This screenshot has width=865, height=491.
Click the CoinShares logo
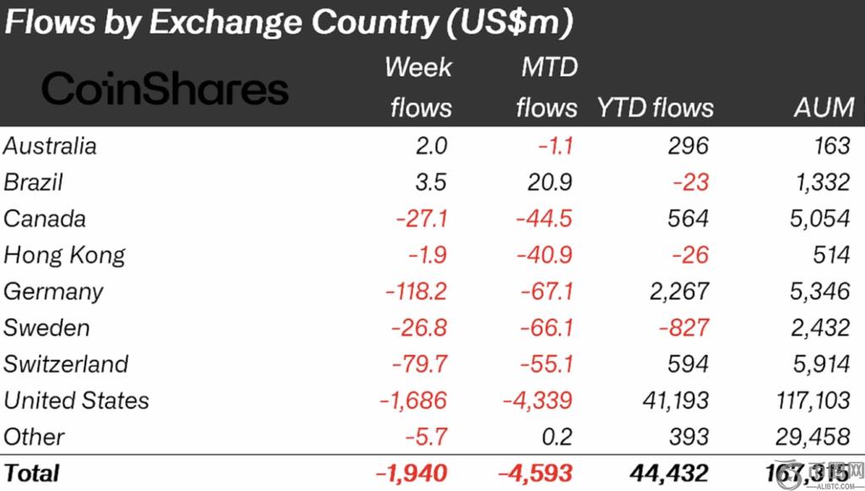(165, 89)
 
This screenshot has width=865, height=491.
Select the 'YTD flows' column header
(655, 108)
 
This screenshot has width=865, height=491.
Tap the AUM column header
(823, 108)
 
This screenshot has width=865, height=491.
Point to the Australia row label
(50, 145)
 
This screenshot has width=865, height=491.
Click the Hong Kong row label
(64, 254)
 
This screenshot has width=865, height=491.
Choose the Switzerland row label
(66, 363)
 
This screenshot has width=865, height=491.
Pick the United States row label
(76, 400)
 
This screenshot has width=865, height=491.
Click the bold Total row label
(32, 472)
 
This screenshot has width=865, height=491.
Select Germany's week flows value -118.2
(416, 291)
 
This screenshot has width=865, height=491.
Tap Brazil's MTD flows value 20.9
(550, 182)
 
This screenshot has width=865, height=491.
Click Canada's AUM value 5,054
(817, 218)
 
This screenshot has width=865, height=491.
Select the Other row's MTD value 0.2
(558, 436)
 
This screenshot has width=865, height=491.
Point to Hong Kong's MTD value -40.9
(543, 254)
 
